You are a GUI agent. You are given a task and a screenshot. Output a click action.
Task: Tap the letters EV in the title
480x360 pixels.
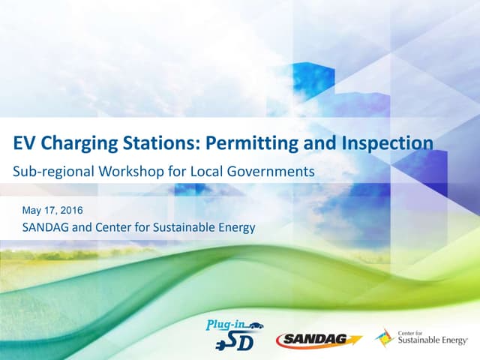click(25, 142)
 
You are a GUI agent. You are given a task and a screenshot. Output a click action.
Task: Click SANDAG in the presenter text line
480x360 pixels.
click(46, 227)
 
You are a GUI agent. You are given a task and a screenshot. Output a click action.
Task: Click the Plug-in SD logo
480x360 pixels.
click(233, 332)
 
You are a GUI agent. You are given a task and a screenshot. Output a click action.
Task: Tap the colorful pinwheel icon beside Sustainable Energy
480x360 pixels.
click(385, 337)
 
